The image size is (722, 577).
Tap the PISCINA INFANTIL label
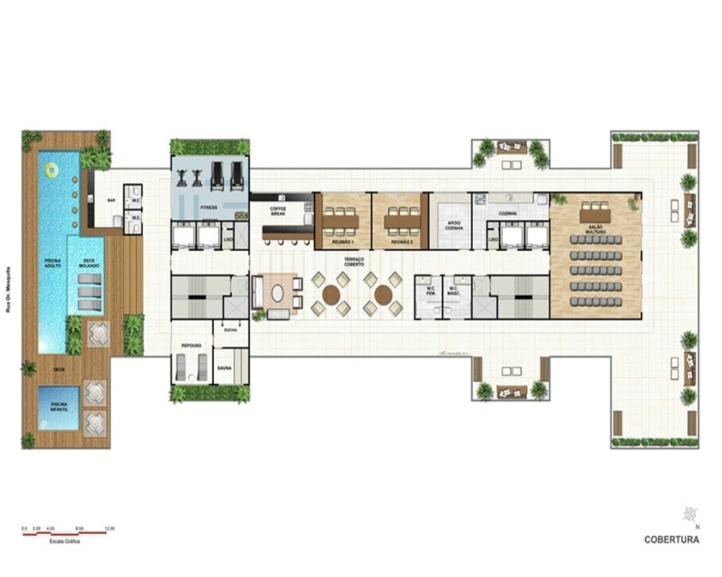[x=59, y=407]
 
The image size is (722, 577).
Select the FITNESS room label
[x=208, y=207]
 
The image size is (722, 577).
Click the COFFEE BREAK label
[x=278, y=211]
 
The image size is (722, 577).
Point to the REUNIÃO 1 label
[x=342, y=242]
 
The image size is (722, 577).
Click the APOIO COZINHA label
[x=454, y=225]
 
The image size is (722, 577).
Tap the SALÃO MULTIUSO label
[x=595, y=229]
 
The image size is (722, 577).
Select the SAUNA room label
[x=224, y=368]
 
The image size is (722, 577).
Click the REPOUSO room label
[x=191, y=345]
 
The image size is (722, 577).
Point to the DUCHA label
[x=230, y=330]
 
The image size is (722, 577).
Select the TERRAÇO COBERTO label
[x=354, y=261]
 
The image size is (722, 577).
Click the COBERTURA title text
[x=671, y=539]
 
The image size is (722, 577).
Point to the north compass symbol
[x=690, y=514]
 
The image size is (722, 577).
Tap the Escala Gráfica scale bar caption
[x=65, y=541]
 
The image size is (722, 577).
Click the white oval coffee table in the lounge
[x=278, y=293]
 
